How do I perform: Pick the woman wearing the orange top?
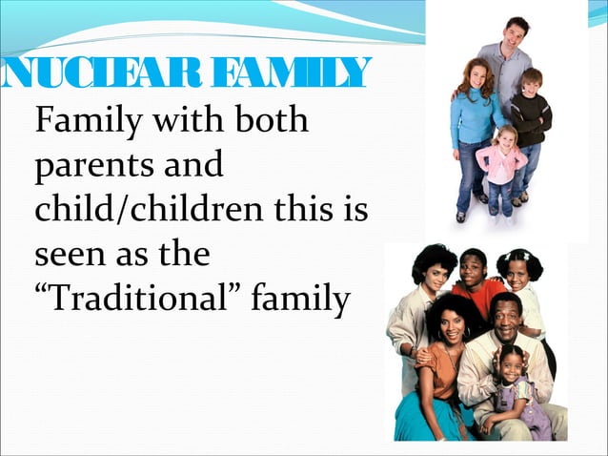[444, 353]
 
